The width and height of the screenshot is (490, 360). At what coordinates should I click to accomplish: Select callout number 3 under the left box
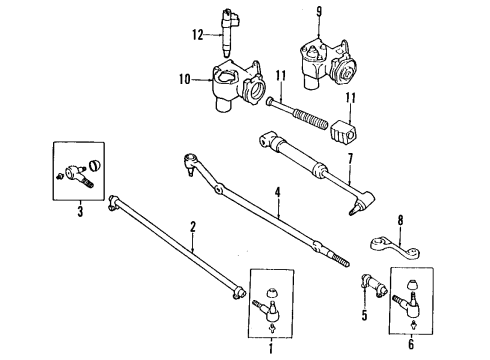[x=79, y=212]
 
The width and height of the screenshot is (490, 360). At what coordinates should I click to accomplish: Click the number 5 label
[x=362, y=316]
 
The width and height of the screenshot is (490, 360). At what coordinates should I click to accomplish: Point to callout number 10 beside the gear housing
[x=183, y=77]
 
